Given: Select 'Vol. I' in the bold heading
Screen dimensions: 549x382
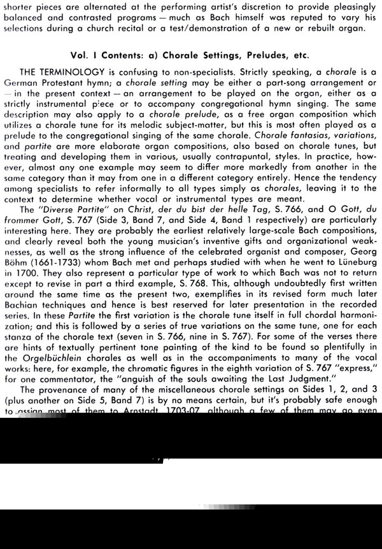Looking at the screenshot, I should [x=83, y=55].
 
